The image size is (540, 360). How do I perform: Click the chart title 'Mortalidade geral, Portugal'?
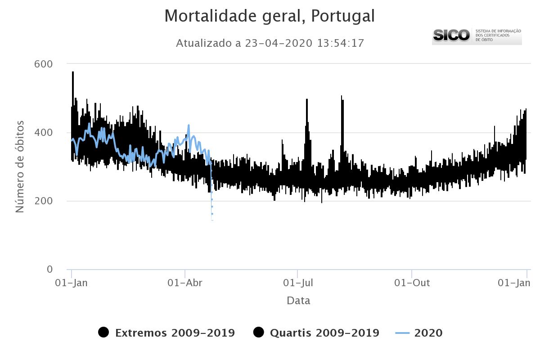coord(269,16)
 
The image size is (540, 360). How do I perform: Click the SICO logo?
coord(451,35)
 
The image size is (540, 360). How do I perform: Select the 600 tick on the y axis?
coord(44,64)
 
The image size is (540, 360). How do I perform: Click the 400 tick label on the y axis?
coord(44,132)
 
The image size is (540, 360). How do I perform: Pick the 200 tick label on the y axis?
coord(44,201)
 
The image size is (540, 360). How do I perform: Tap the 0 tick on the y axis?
coord(49,269)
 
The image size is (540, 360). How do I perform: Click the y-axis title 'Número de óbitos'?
coord(20,166)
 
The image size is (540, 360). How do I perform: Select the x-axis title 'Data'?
coord(298,301)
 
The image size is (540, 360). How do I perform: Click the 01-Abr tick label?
coord(185,283)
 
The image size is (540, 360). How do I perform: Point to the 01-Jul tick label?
coord(298,283)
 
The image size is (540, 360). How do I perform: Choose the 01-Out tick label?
coord(412,283)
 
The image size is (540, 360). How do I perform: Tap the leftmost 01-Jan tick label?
coord(71,283)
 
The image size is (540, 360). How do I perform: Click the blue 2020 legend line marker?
coord(402,333)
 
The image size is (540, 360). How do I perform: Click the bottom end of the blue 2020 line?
coord(212,220)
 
